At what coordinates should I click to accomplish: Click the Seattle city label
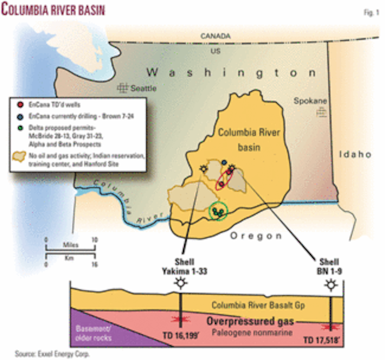click(x=143, y=88)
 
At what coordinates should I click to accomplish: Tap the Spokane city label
click(x=310, y=101)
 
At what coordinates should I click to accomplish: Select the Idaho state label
click(x=355, y=154)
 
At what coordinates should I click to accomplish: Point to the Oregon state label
click(x=256, y=236)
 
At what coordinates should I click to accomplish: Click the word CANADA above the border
click(x=215, y=36)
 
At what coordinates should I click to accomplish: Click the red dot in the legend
click(x=21, y=105)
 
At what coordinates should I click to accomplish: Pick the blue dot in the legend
click(x=21, y=116)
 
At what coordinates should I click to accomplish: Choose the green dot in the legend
click(x=21, y=128)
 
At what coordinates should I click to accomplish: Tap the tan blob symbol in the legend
click(x=19, y=156)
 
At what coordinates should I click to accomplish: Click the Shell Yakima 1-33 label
click(x=184, y=267)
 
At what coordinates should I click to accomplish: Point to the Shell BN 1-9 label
click(x=329, y=267)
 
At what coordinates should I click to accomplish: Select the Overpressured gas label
click(x=250, y=321)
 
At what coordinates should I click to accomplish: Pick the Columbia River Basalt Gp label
click(x=258, y=305)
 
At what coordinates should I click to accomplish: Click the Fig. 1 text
click(x=371, y=13)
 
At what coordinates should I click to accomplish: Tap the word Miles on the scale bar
click(x=70, y=245)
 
